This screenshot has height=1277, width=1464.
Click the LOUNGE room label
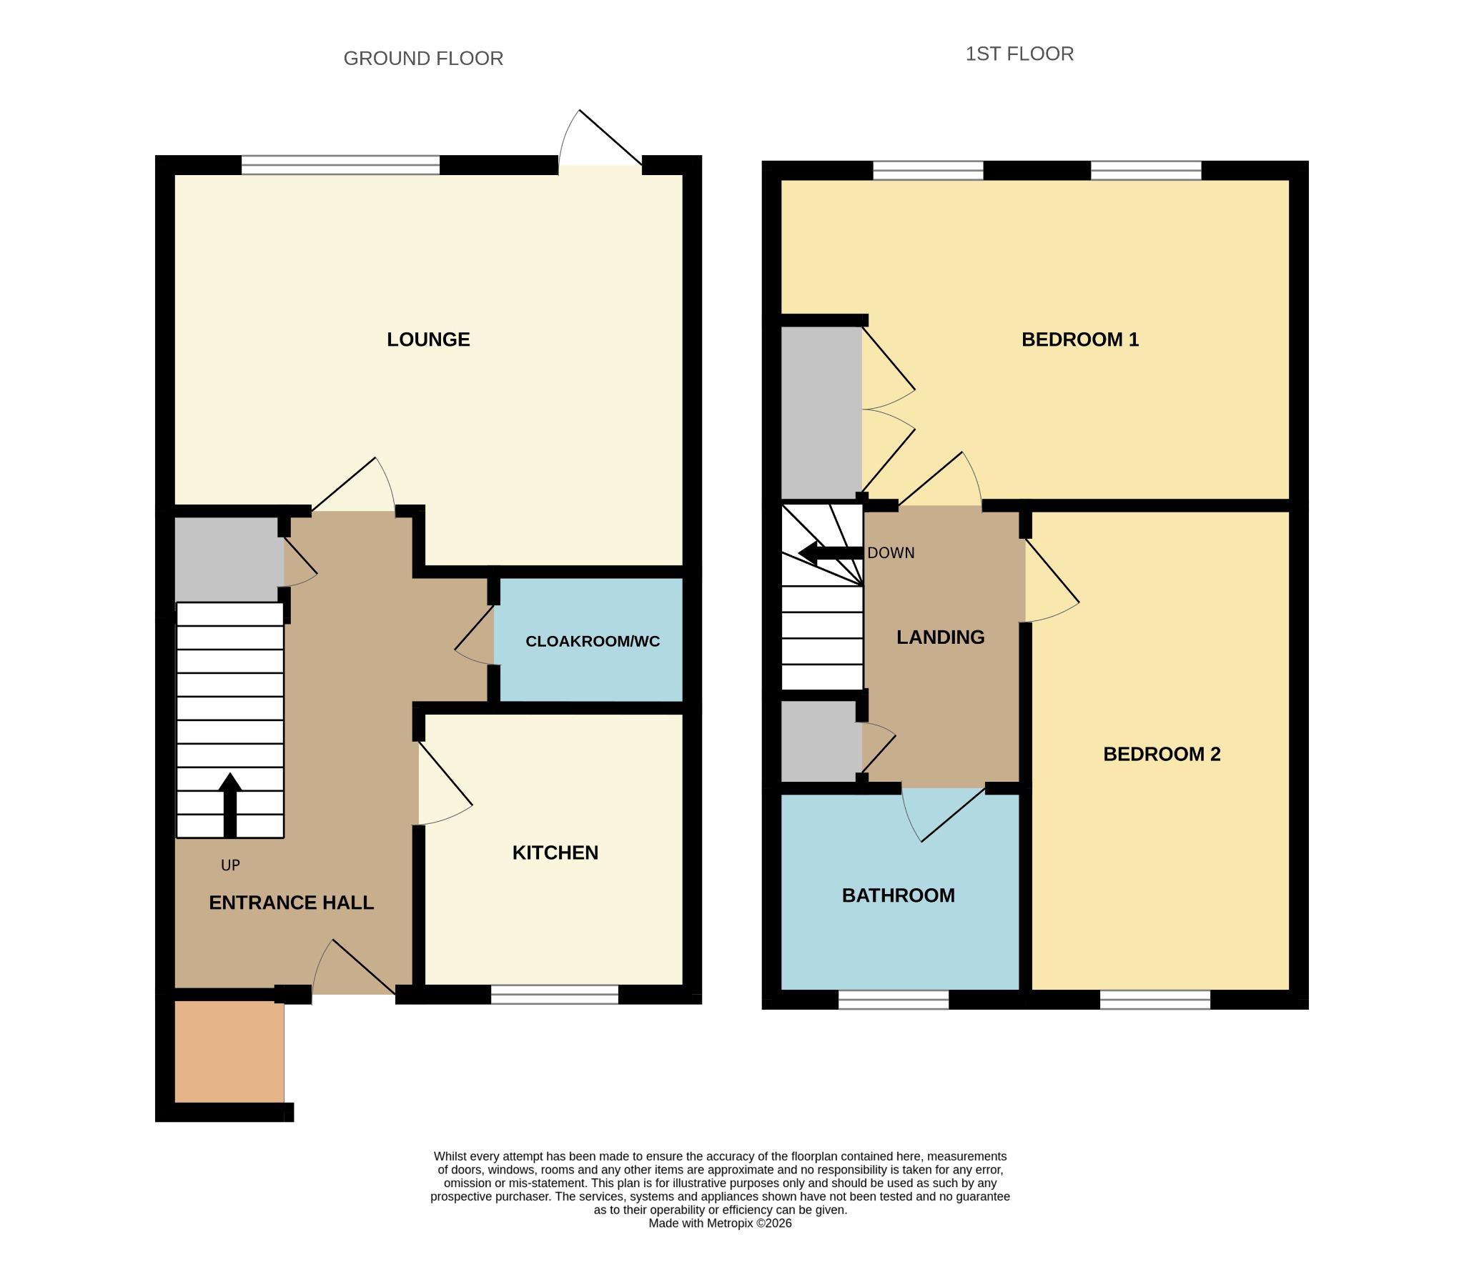coord(428,339)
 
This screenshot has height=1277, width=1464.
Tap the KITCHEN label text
coord(555,853)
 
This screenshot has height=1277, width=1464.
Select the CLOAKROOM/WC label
coord(593,642)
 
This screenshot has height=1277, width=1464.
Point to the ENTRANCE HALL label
coord(292,903)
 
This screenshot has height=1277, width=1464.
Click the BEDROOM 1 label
coord(1080,339)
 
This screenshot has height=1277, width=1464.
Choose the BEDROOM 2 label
coord(1162,754)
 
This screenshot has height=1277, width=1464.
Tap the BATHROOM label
coord(899,895)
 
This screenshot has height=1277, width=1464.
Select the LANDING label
coord(941,637)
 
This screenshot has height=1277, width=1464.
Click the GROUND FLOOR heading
coord(423,59)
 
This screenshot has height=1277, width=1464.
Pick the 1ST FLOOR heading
coord(1019,54)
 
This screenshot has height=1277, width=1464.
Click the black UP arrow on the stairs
coord(230,805)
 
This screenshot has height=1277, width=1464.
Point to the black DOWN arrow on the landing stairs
coord(831,552)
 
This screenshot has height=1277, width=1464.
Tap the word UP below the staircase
coord(230,865)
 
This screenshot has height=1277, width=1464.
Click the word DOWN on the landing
coord(891,553)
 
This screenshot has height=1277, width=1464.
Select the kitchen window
coord(555,994)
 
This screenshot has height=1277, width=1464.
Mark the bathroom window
coord(894,999)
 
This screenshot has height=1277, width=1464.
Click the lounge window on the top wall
coord(340,165)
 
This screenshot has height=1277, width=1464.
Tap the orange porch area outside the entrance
coord(229,1051)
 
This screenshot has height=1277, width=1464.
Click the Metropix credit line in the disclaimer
coord(720,1223)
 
